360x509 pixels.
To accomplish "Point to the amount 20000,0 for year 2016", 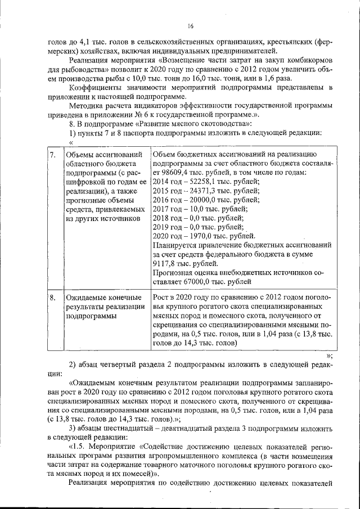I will click(206, 200).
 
